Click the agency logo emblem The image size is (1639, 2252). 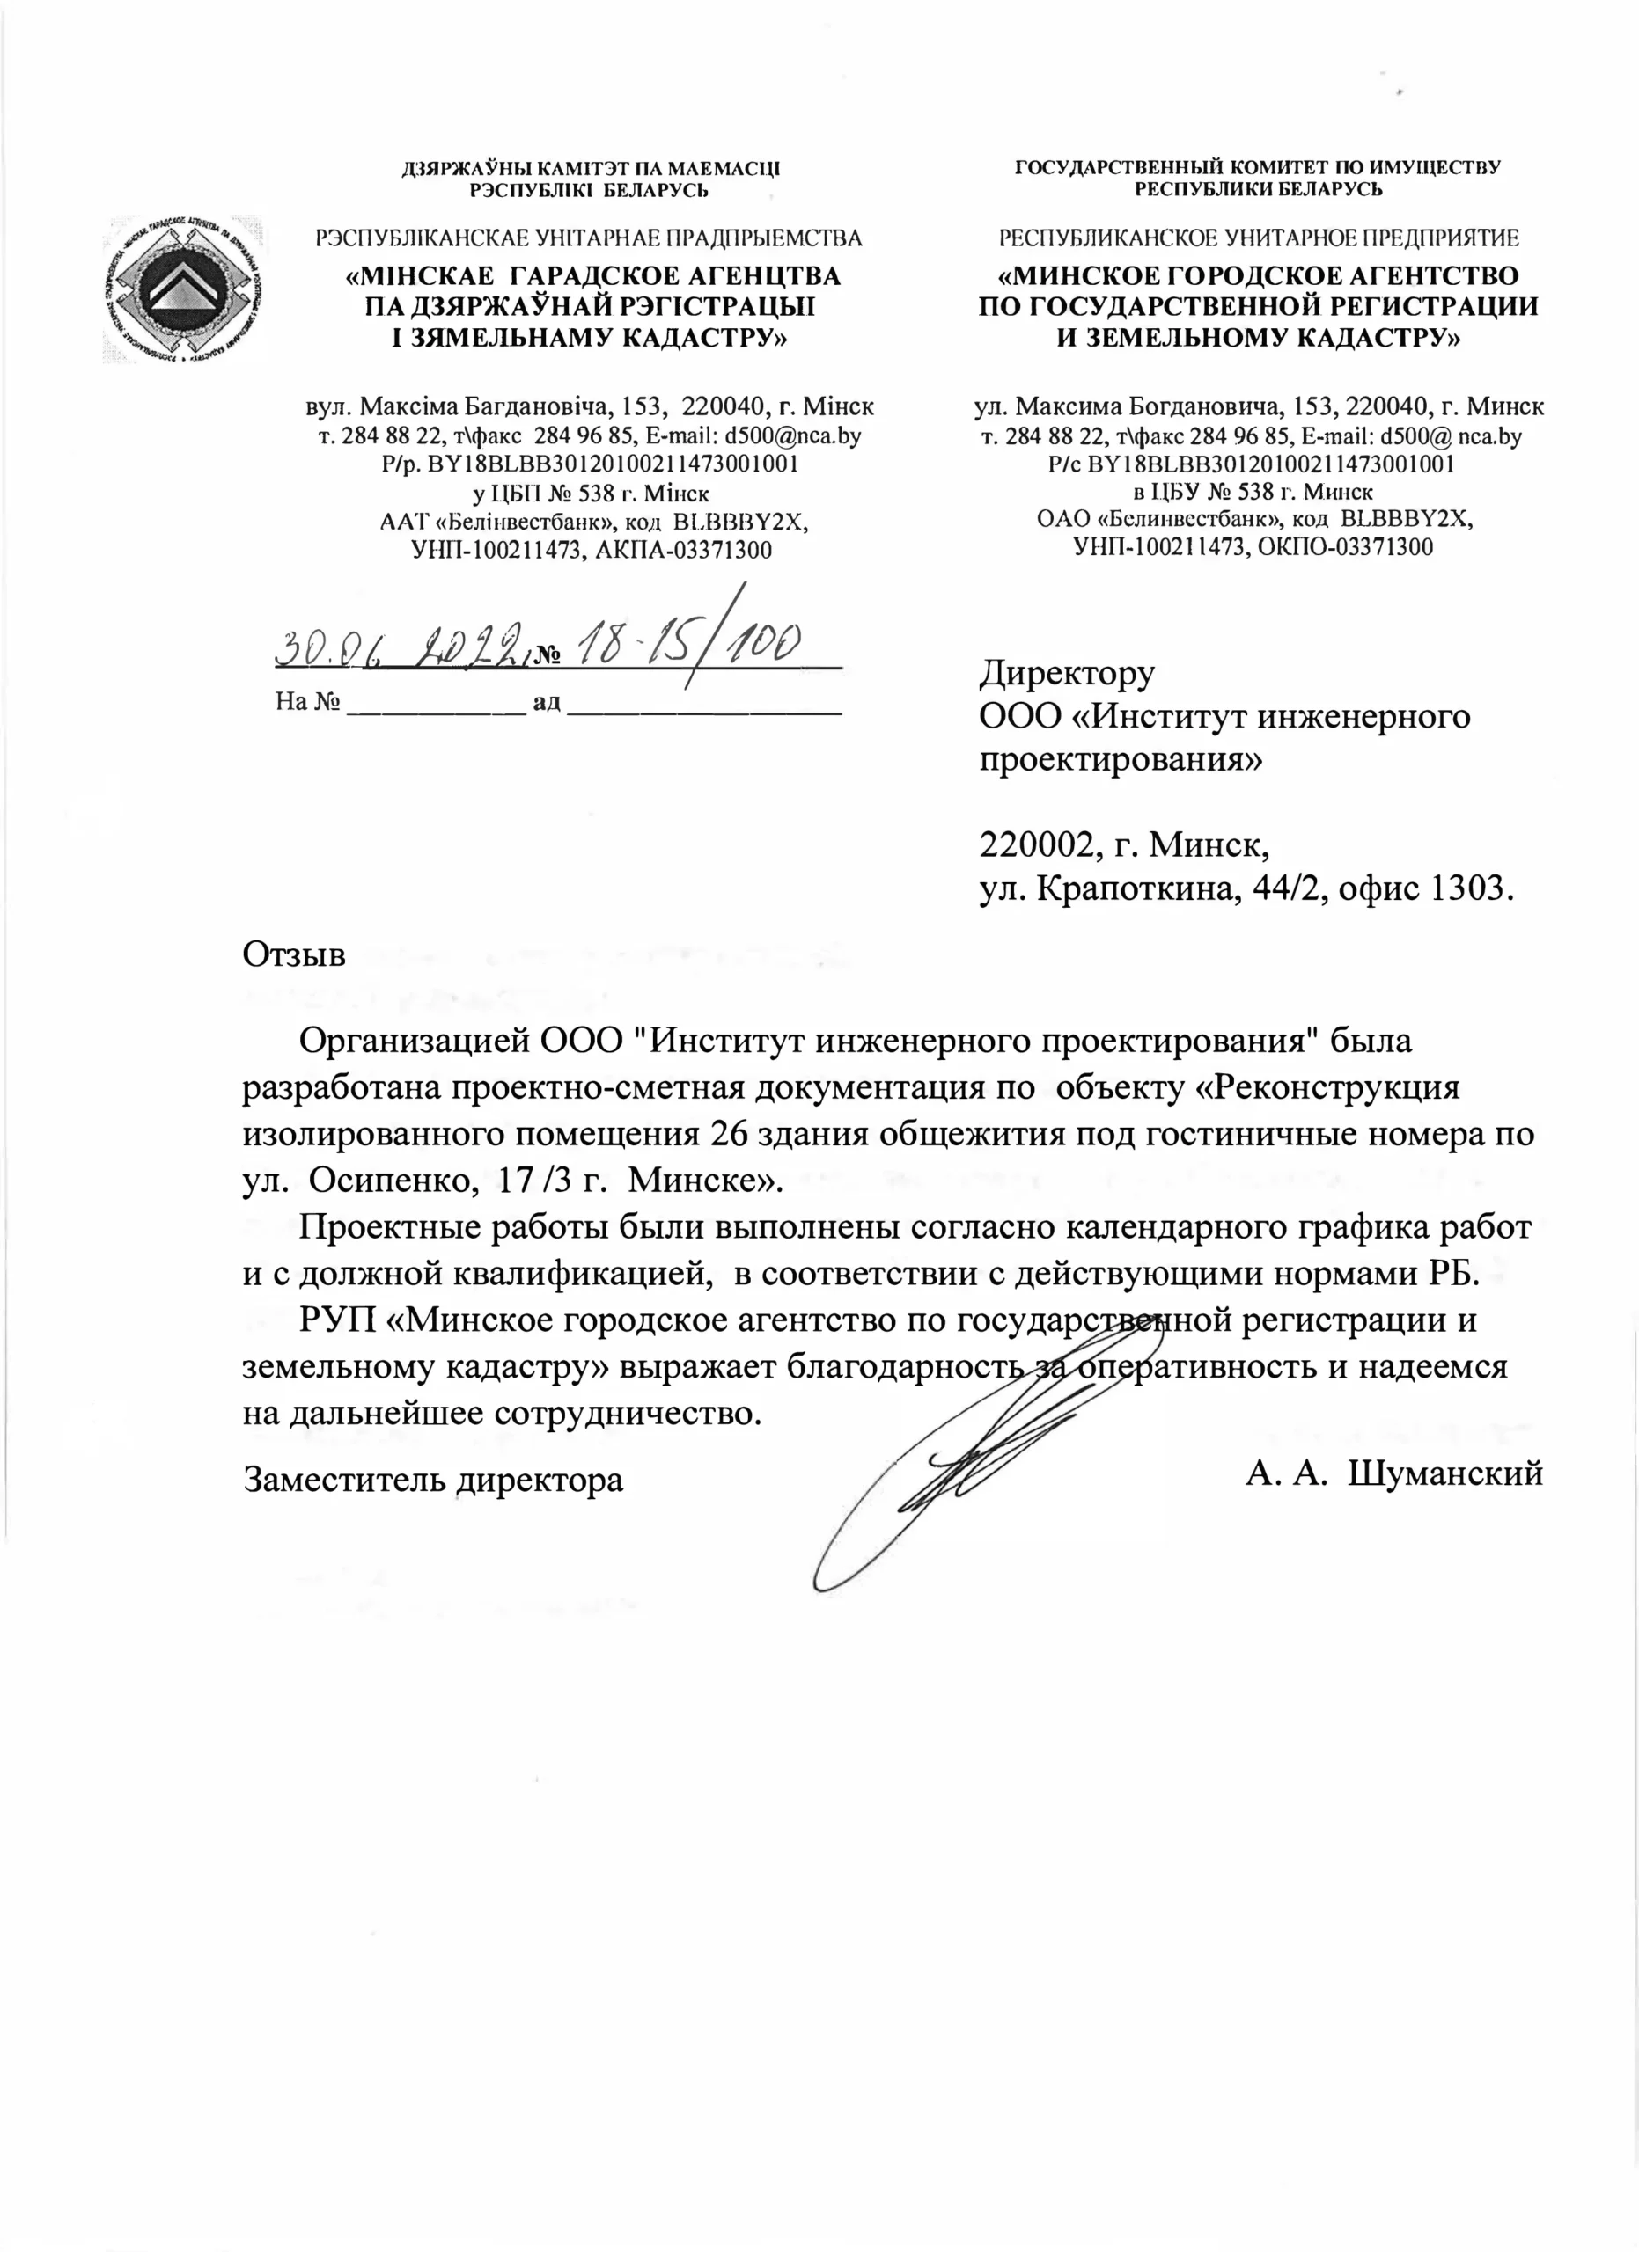185,288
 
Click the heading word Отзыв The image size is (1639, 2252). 294,954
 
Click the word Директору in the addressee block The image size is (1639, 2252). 1067,673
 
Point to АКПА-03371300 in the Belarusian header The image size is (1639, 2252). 682,548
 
